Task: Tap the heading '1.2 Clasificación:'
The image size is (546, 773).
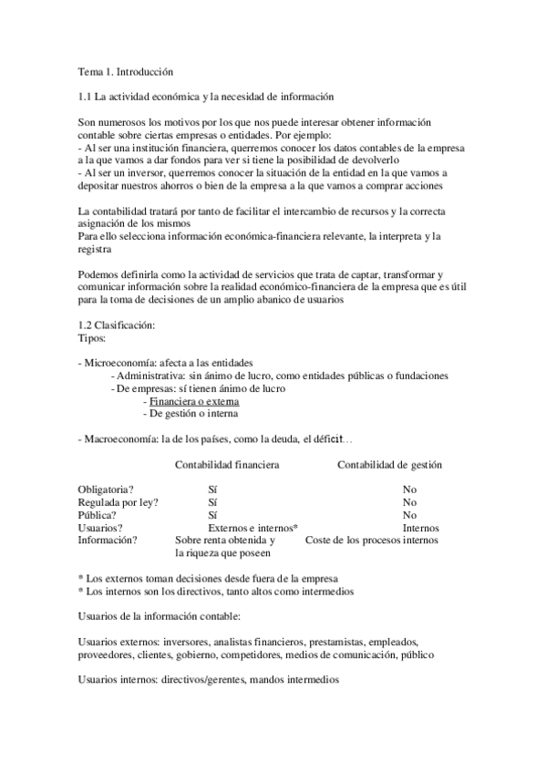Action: [117, 325]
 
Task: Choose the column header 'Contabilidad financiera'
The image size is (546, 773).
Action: [227, 465]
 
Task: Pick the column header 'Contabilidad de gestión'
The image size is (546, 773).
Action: [389, 465]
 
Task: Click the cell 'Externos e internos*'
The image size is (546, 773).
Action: [252, 528]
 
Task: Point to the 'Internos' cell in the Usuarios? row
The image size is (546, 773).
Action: [420, 528]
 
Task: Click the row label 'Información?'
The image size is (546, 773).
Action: [108, 541]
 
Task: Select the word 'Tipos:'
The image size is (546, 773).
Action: [93, 338]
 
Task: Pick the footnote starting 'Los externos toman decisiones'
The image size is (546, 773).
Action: [209, 578]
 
